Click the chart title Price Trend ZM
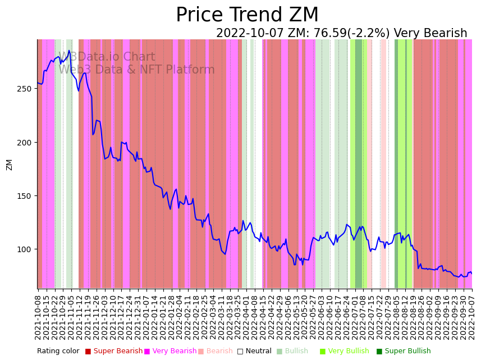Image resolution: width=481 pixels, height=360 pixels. (x=247, y=15)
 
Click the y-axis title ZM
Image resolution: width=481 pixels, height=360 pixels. (x=9, y=165)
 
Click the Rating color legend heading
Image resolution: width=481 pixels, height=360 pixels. (x=58, y=352)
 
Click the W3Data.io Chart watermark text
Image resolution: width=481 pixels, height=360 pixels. (x=107, y=57)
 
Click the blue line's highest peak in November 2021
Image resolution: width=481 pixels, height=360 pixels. (x=69, y=51)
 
